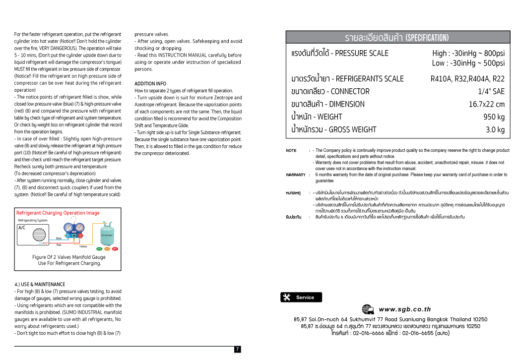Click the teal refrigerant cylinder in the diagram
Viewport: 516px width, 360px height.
(x=107, y=235)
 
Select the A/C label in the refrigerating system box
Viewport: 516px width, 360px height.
(x=22, y=228)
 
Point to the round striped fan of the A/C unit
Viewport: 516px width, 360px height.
(x=39, y=235)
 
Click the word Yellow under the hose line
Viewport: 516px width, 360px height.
(x=83, y=246)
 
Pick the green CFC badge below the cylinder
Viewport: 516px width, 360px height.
(x=99, y=249)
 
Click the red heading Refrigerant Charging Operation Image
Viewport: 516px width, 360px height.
(x=58, y=213)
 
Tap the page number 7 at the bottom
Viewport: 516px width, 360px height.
(x=237, y=350)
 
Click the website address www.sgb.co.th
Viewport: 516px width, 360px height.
(x=405, y=309)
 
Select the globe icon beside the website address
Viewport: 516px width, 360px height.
(x=368, y=309)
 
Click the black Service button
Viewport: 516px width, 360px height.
(x=301, y=298)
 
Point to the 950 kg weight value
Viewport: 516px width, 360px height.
(x=494, y=117)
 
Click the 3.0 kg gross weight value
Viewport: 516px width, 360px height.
(x=495, y=130)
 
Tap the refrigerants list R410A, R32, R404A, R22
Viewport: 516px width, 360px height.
(x=467, y=78)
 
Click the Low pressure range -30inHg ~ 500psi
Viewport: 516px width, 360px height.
(x=468, y=63)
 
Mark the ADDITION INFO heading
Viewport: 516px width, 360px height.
(x=150, y=84)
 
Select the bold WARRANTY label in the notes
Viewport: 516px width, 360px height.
(x=296, y=175)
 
